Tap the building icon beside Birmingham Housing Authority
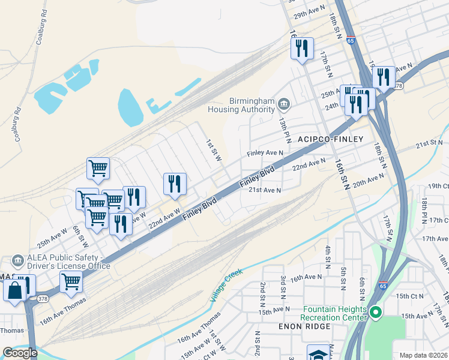click(285, 106)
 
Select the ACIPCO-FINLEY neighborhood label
click(331, 139)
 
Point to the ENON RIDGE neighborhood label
click(304, 326)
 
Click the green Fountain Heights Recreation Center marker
click(376, 312)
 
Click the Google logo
click(19, 353)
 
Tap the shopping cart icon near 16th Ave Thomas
click(71, 281)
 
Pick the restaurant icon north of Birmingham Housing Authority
click(301, 48)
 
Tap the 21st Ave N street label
click(265, 190)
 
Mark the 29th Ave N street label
click(309, 7)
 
